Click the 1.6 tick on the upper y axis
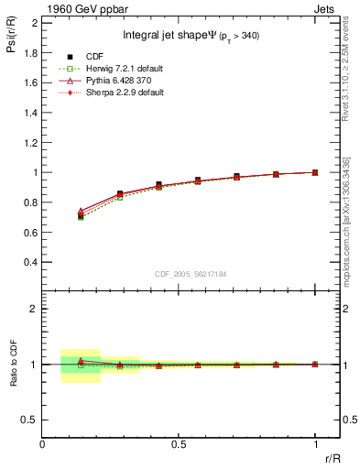click(x=30, y=82)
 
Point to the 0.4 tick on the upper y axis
click(x=30, y=262)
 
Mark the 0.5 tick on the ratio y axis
click(x=30, y=420)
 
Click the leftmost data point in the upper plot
click(x=81, y=215)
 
